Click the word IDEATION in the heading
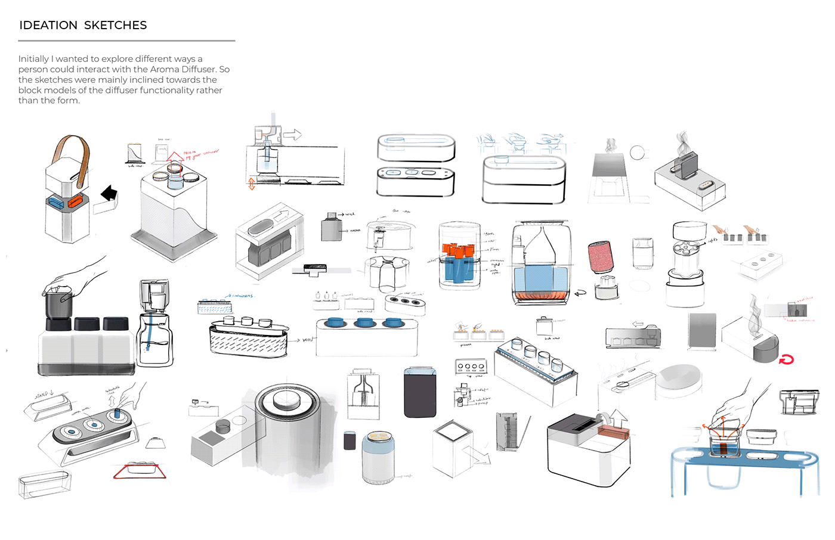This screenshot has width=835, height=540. click(48, 25)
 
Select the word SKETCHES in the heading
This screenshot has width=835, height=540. click(115, 25)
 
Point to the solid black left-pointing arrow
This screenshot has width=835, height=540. click(109, 194)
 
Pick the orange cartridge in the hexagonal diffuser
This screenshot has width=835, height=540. click(75, 202)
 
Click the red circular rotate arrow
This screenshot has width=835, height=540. click(787, 359)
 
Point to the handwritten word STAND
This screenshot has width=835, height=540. click(41, 395)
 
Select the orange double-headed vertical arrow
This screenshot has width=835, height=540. click(252, 184)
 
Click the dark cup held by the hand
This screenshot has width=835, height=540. click(58, 304)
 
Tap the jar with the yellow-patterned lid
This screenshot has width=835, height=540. click(378, 457)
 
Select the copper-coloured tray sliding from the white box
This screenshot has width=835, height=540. click(614, 434)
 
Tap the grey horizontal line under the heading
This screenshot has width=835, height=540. click(126, 41)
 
